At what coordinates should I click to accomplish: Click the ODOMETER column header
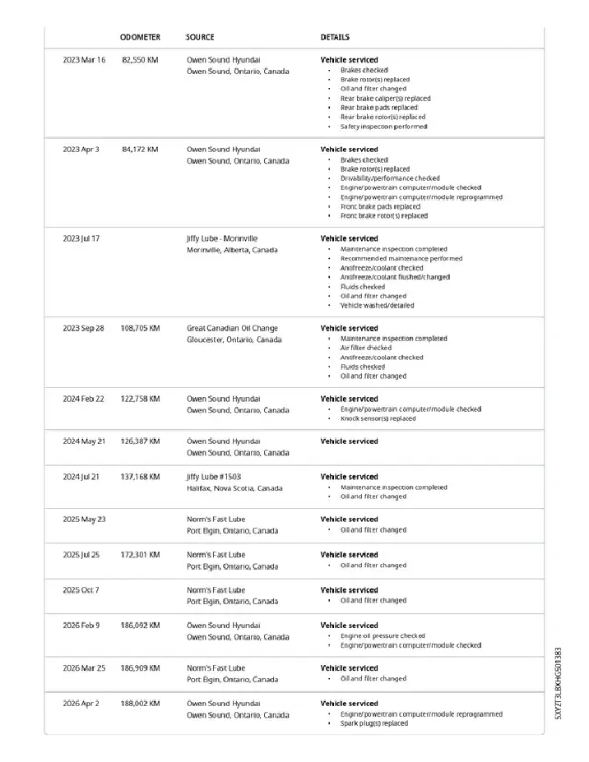click(x=140, y=38)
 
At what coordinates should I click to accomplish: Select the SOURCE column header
click(x=200, y=38)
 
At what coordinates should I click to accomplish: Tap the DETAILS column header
click(x=335, y=38)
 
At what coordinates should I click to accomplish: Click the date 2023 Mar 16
click(x=84, y=60)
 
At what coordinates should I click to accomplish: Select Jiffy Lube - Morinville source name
click(x=222, y=238)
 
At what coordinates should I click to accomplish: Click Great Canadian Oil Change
click(x=232, y=328)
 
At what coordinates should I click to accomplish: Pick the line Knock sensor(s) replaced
click(x=378, y=418)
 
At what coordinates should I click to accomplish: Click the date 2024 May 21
click(x=84, y=441)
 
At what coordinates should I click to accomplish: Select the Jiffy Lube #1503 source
click(x=214, y=477)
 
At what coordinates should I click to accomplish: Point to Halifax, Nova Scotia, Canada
click(x=234, y=488)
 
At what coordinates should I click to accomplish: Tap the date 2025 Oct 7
click(x=81, y=590)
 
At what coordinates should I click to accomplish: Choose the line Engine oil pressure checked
click(x=383, y=635)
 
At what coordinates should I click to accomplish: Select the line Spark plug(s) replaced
click(x=374, y=723)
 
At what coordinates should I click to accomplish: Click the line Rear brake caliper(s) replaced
click(x=385, y=99)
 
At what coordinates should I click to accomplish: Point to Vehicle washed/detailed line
click(x=378, y=305)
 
